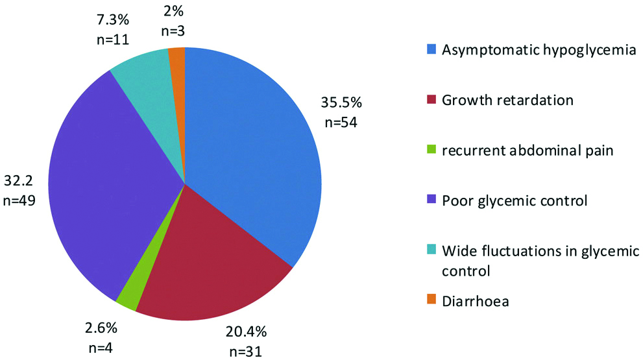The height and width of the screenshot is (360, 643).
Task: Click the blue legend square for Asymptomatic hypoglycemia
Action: (x=431, y=49)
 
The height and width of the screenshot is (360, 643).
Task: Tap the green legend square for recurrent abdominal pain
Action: (x=431, y=150)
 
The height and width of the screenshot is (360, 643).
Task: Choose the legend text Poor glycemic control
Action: (x=514, y=200)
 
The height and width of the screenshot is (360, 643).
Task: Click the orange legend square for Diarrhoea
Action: (x=431, y=300)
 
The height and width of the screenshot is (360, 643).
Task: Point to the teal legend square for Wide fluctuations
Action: (x=431, y=251)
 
